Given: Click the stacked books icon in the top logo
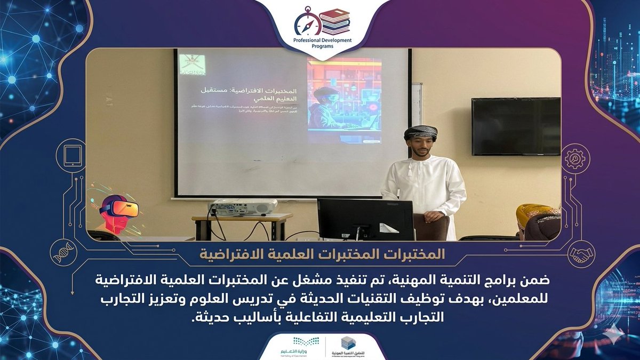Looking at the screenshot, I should click(x=335, y=21).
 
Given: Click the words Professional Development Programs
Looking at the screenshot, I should click(x=320, y=43).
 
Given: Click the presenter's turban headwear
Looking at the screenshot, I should click(x=420, y=131).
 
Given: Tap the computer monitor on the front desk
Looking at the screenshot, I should click(x=365, y=219).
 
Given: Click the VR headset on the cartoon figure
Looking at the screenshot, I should click(x=121, y=207).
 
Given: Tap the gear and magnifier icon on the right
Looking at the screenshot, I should click(x=574, y=158).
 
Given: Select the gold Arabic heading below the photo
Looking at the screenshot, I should click(x=320, y=253).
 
